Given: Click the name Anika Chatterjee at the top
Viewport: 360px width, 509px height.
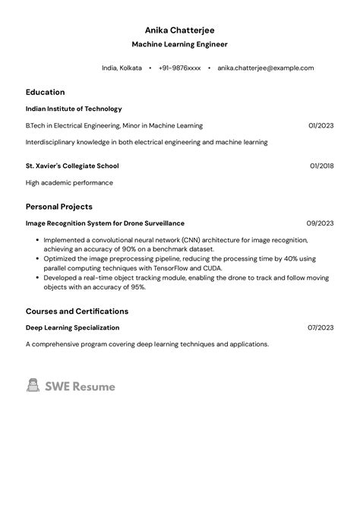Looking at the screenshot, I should pyautogui.click(x=179, y=30).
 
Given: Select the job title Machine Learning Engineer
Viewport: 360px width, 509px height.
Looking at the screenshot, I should pyautogui.click(x=179, y=45).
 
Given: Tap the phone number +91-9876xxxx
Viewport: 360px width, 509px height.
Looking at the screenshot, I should pyautogui.click(x=180, y=68).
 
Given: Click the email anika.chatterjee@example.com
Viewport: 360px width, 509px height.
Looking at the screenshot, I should pyautogui.click(x=265, y=68).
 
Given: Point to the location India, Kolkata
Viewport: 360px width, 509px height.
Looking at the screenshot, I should pyautogui.click(x=122, y=68).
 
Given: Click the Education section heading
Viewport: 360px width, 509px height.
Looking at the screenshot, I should pyautogui.click(x=45, y=92).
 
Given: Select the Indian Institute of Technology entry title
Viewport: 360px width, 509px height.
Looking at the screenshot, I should pyautogui.click(x=74, y=109).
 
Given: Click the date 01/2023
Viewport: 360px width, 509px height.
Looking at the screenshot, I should pyautogui.click(x=321, y=125).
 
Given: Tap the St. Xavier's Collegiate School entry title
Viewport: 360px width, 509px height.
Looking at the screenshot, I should pyautogui.click(x=72, y=166).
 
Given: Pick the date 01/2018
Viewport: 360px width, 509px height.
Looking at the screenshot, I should pyautogui.click(x=321, y=166).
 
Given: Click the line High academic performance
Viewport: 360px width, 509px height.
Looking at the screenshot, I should pyautogui.click(x=69, y=182).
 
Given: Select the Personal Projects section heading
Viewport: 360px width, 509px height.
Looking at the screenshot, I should pyautogui.click(x=59, y=207).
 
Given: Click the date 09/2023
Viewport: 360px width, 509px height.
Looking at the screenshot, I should pyautogui.click(x=320, y=223).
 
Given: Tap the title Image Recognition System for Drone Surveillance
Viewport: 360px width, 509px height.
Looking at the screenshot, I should pyautogui.click(x=105, y=223).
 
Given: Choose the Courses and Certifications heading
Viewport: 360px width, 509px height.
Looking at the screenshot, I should pyautogui.click(x=77, y=311).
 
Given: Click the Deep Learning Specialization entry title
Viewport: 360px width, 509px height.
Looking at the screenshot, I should pyautogui.click(x=72, y=327).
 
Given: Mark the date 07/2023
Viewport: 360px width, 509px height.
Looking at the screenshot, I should pyautogui.click(x=321, y=327).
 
